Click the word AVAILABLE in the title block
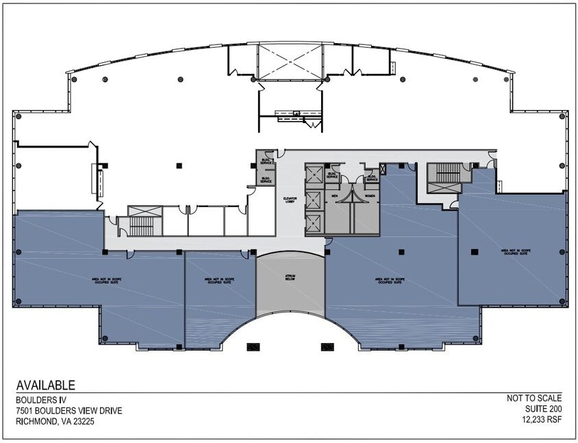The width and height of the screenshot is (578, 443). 45,386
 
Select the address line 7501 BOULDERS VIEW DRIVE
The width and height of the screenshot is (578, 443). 69,410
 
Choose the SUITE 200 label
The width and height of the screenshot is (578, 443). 542,410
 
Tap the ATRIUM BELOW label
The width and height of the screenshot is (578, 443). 290,279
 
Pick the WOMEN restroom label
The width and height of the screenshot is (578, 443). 370,196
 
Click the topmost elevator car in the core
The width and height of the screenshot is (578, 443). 314,175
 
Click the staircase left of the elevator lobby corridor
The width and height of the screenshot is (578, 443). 142,223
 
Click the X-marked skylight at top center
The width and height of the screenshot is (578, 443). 290,62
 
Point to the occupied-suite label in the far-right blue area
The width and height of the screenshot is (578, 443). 514,252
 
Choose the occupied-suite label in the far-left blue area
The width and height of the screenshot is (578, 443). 105,280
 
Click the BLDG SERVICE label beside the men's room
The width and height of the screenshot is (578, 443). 333,175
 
